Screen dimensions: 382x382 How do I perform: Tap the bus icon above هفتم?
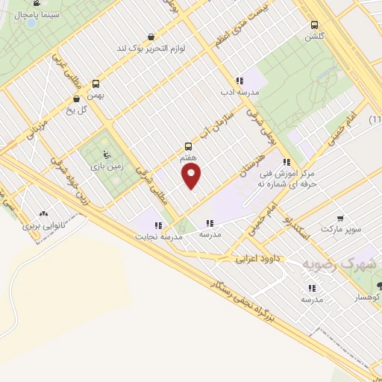(x=188, y=147)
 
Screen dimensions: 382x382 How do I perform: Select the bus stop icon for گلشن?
(x=314, y=25)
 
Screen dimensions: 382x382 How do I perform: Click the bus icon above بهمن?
(x=95, y=84)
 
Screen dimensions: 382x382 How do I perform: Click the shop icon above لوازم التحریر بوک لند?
(x=152, y=37)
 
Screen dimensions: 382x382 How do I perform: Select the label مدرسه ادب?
(x=239, y=93)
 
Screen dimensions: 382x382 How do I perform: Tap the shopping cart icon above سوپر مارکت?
(x=340, y=219)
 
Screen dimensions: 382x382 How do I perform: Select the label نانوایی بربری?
(x=44, y=225)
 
